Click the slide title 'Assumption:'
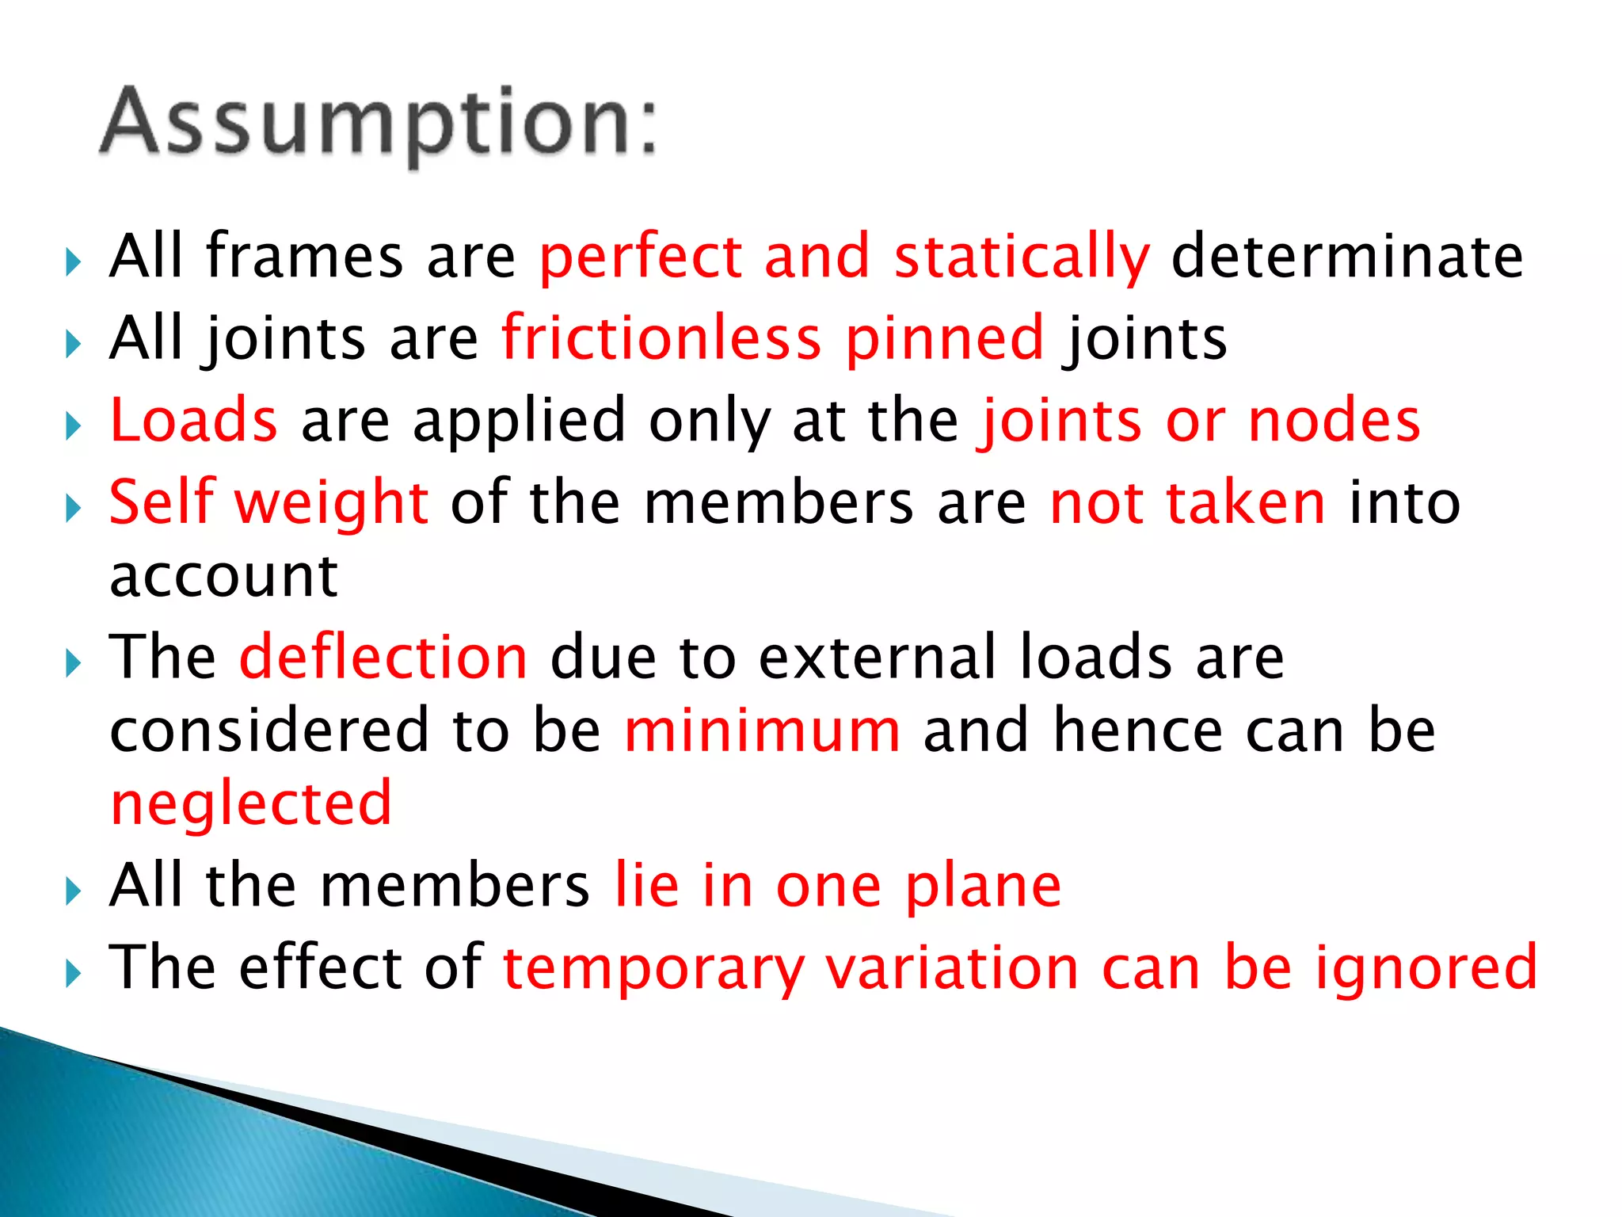coord(379,123)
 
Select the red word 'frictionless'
coord(661,338)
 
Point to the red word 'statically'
coord(1022,258)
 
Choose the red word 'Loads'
coord(193,419)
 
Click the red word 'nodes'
coord(1334,419)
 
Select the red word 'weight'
coord(332,504)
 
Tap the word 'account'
coord(224,576)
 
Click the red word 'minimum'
coord(762,730)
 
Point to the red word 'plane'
coord(983,887)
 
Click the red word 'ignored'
coord(1426,967)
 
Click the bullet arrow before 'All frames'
coord(73,261)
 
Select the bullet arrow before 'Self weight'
coord(73,508)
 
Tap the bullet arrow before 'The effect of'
coord(73,973)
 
